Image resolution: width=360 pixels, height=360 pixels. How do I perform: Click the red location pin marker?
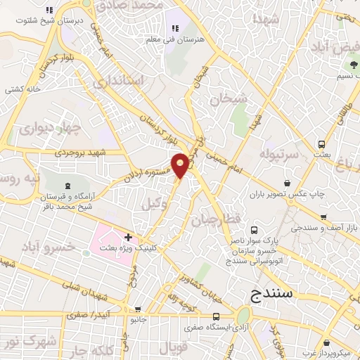pos(181,165)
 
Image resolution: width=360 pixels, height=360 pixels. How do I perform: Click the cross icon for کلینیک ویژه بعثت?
pos(128,236)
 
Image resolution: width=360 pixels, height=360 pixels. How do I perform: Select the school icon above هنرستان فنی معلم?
pos(175,28)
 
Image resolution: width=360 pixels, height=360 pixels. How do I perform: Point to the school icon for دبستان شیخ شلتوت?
pos(48,11)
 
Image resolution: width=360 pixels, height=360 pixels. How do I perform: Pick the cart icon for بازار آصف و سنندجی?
pos(323,217)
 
